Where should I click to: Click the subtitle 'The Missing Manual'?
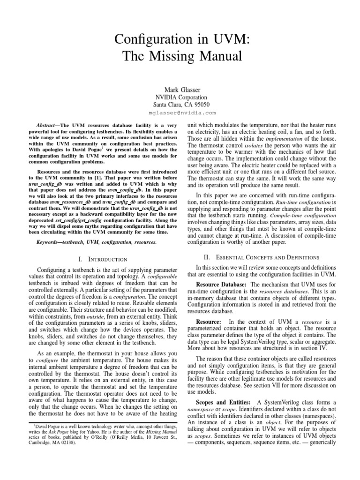[x=180, y=57]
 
